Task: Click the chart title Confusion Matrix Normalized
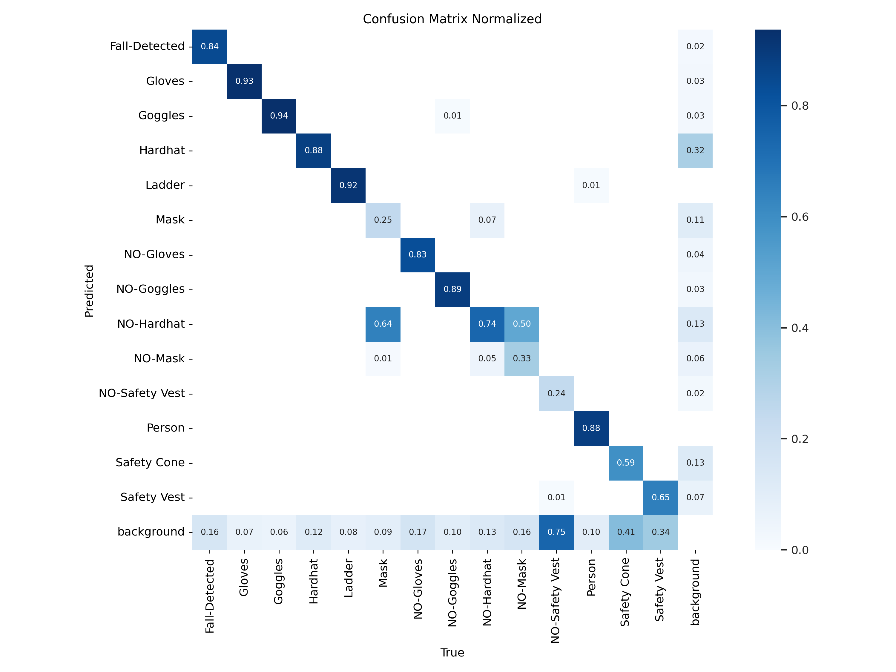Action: point(452,19)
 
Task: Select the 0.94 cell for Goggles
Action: point(279,116)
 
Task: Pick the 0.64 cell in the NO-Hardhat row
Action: point(383,324)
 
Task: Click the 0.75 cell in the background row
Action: point(556,532)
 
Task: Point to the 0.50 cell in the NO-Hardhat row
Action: point(522,324)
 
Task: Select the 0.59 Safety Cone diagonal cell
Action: point(625,463)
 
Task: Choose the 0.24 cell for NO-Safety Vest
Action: point(556,394)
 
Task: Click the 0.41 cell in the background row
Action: point(625,532)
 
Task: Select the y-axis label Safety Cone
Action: point(150,463)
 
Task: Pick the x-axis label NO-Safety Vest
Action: point(555,600)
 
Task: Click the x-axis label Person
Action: point(591,578)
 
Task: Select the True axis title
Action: point(452,653)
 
